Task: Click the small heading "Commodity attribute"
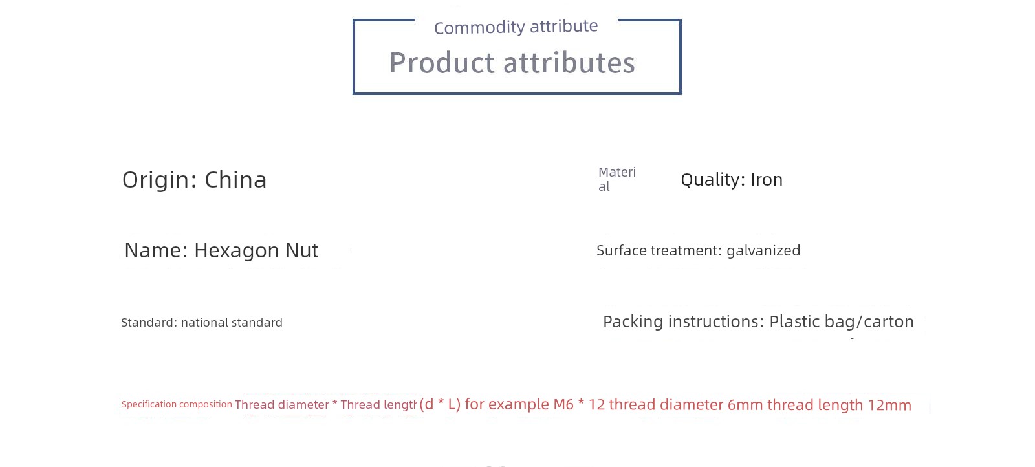click(x=516, y=27)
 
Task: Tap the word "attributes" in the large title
click(x=569, y=62)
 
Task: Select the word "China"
click(x=235, y=180)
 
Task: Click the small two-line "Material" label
click(x=617, y=179)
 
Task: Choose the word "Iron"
click(x=767, y=180)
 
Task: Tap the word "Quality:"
click(x=713, y=180)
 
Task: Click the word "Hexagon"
click(x=235, y=251)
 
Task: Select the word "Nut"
click(x=301, y=250)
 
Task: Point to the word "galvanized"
click(x=763, y=251)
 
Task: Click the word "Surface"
click(x=622, y=250)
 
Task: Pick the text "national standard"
click(x=232, y=322)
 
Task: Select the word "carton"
click(x=889, y=321)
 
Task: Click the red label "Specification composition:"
click(x=178, y=404)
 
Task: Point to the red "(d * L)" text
click(x=440, y=404)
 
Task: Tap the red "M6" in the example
click(x=563, y=405)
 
